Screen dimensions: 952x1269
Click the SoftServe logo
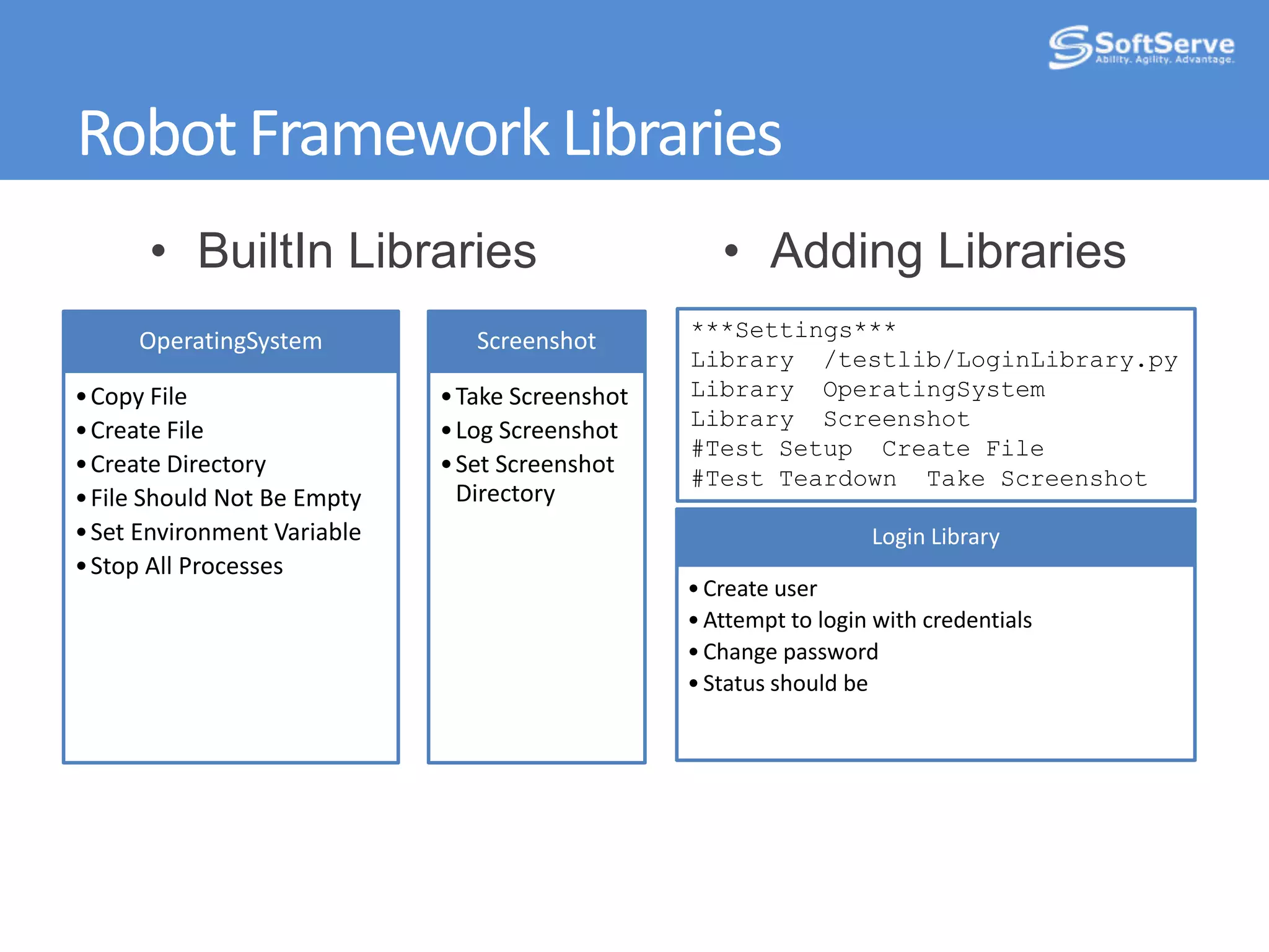(x=1141, y=47)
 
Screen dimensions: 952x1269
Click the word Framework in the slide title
(x=400, y=133)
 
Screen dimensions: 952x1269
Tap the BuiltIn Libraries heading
(x=366, y=251)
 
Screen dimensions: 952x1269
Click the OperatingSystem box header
(x=231, y=342)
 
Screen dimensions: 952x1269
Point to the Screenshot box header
(x=536, y=342)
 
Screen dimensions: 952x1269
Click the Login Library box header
(x=935, y=537)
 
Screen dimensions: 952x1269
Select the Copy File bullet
(x=138, y=397)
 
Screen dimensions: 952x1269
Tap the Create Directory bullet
(x=178, y=464)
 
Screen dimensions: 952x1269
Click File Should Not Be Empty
(x=226, y=498)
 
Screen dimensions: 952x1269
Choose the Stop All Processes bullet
(x=187, y=566)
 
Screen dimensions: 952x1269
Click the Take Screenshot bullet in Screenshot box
(x=541, y=397)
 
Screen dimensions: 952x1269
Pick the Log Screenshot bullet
(x=536, y=431)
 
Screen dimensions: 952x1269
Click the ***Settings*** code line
(x=794, y=330)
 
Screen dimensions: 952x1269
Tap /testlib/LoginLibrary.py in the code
(x=1000, y=360)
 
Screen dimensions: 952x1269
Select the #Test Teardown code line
(x=919, y=479)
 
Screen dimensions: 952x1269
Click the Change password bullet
(x=790, y=652)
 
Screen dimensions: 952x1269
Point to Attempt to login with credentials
(x=867, y=620)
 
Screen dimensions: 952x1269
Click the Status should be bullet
(x=785, y=684)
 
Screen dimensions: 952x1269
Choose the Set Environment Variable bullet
(x=226, y=532)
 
